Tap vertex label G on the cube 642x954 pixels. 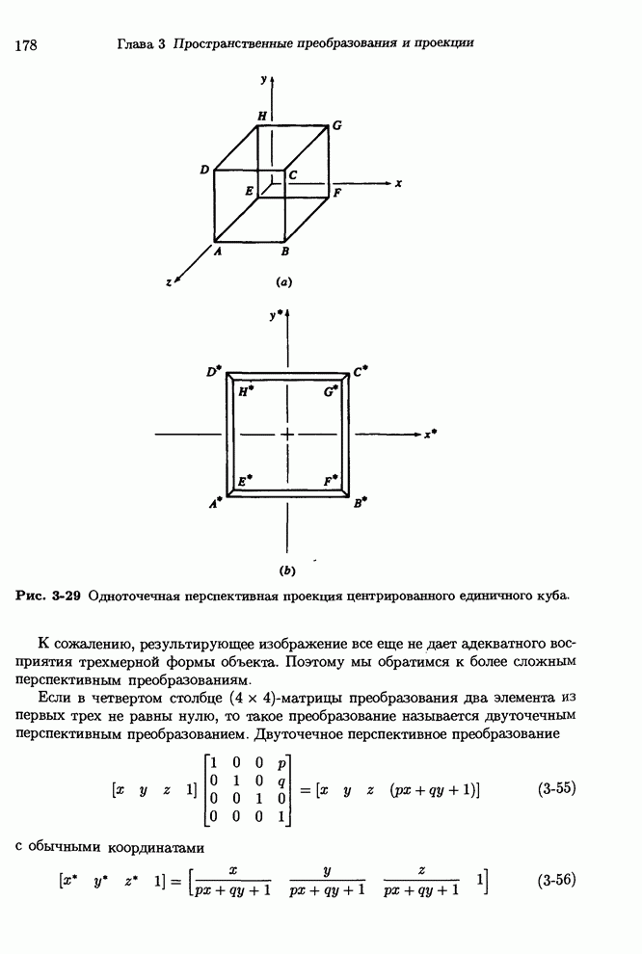336,125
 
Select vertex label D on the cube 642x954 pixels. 205,171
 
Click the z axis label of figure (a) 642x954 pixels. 169,282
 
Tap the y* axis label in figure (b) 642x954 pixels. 276,314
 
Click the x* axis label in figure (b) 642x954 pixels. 430,435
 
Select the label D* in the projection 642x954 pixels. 214,371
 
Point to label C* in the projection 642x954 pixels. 361,371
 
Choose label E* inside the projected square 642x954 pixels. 246,479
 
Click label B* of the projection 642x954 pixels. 361,502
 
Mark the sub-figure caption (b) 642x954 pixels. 286,570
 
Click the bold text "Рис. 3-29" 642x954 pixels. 48,596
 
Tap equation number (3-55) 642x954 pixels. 555,788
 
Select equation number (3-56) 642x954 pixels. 555,880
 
